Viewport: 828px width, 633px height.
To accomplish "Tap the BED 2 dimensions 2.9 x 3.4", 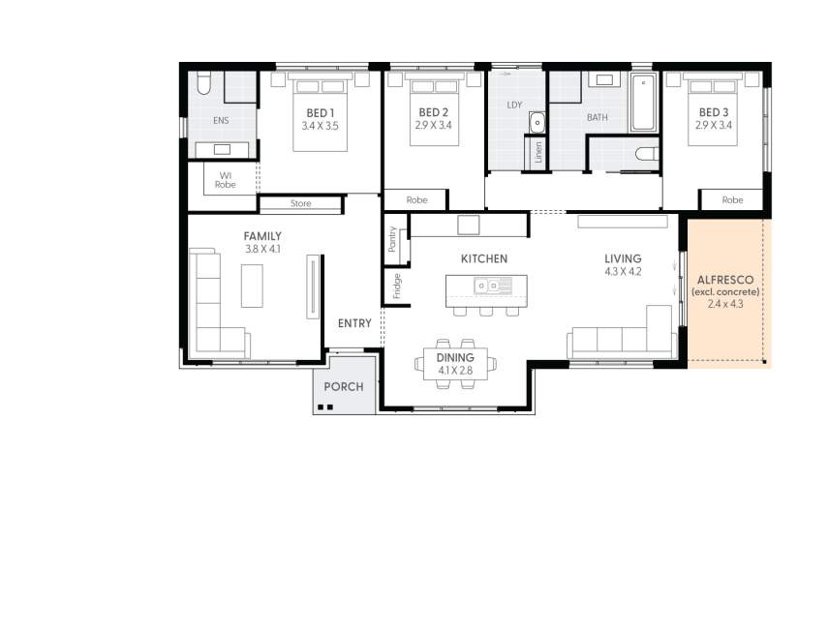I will (x=433, y=126).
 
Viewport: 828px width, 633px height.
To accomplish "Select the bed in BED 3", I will (x=714, y=107).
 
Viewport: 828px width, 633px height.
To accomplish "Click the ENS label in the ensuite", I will (x=222, y=122).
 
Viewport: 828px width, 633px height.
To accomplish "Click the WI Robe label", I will (x=225, y=179).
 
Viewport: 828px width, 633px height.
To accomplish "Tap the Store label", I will (x=300, y=204).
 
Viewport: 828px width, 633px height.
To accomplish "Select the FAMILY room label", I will (x=262, y=235).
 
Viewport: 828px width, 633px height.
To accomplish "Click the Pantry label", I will (x=393, y=239).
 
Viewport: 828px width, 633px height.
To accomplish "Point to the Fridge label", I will (x=396, y=286).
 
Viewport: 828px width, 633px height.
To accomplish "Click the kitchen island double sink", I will (x=493, y=286).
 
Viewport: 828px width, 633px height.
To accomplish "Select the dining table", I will (x=455, y=364).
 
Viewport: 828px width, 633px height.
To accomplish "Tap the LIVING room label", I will (x=623, y=258).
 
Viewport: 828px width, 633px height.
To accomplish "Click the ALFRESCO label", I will (x=725, y=280).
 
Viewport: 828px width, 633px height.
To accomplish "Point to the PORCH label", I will (x=344, y=386).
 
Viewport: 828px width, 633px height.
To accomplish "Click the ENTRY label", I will (x=354, y=323).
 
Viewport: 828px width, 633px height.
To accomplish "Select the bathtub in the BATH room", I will (x=644, y=101).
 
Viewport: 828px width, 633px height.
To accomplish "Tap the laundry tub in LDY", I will (x=537, y=122).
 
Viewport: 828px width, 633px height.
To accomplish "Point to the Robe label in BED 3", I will (x=733, y=199).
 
